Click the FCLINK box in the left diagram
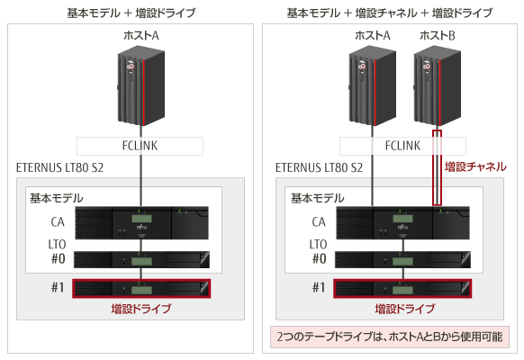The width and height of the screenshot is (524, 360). pyautogui.click(x=140, y=146)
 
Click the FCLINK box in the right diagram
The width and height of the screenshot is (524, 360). pyautogui.click(x=402, y=146)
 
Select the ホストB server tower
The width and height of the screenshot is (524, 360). pyautogui.click(x=438, y=88)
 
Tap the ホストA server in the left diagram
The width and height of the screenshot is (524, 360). pyautogui.click(x=141, y=88)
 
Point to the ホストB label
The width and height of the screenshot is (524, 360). pyautogui.click(x=438, y=35)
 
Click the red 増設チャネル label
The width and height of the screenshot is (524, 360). pyautogui.click(x=475, y=166)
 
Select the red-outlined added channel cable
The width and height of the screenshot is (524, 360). pyautogui.click(x=437, y=167)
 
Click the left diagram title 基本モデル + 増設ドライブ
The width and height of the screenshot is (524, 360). pyautogui.click(x=131, y=13)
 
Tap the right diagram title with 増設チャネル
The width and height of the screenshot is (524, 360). pyautogui.click(x=390, y=13)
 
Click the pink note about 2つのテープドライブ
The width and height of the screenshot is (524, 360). pyautogui.click(x=390, y=337)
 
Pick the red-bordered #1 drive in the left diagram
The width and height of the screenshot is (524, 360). pyautogui.click(x=141, y=289)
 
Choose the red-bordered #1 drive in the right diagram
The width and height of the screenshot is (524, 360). pyautogui.click(x=402, y=289)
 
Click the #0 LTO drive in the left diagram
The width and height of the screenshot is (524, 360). pyautogui.click(x=141, y=259)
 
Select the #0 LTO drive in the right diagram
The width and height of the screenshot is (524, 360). pyautogui.click(x=402, y=259)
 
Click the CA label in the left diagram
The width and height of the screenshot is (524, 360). pyautogui.click(x=58, y=222)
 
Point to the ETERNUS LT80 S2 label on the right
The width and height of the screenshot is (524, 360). pyautogui.click(x=319, y=167)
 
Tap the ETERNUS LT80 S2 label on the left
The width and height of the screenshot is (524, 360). pyautogui.click(x=59, y=167)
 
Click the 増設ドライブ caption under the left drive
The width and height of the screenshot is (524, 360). pyautogui.click(x=141, y=309)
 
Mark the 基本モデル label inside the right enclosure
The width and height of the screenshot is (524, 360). pyautogui.click(x=318, y=198)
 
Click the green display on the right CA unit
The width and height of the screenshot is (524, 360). pyautogui.click(x=402, y=219)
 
